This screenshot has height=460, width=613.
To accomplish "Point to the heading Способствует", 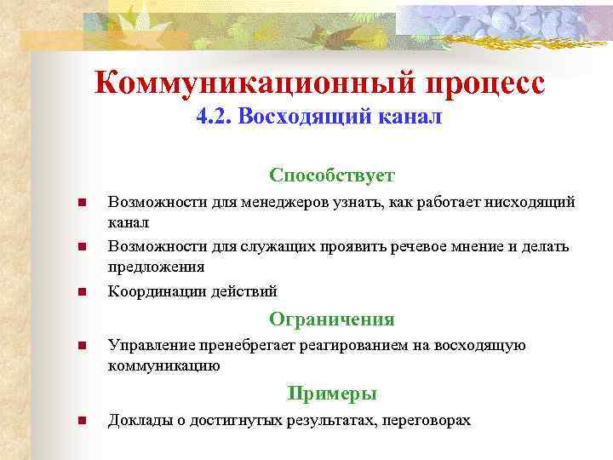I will pos(332,175).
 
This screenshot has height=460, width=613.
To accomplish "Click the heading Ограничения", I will pos(332,319).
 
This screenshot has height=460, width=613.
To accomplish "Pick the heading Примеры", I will pos(332,394).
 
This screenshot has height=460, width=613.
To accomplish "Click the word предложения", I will pos(156,267).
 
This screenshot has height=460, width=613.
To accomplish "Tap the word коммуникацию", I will pos(163,365).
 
